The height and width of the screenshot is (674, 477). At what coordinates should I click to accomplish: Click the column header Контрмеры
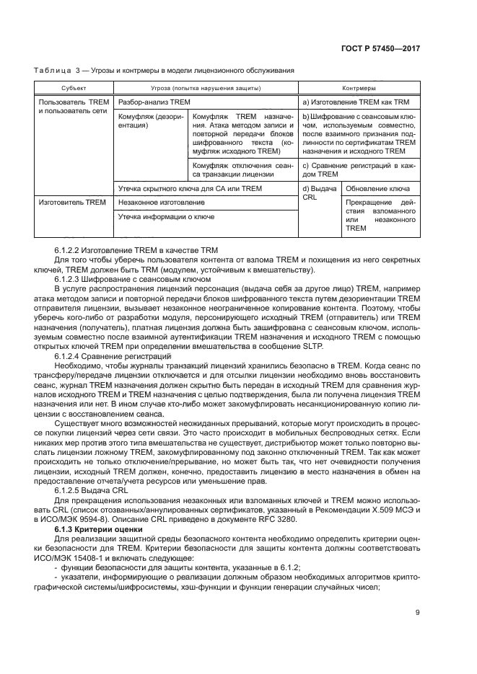[359, 87]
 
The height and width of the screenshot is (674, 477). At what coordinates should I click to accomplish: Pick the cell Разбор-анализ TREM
[154, 102]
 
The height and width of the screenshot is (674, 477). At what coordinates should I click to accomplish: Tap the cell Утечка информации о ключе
[165, 216]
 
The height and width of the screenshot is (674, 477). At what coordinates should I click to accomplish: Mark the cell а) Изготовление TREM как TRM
[356, 102]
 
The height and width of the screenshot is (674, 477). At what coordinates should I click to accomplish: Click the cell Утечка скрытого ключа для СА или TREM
[190, 188]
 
